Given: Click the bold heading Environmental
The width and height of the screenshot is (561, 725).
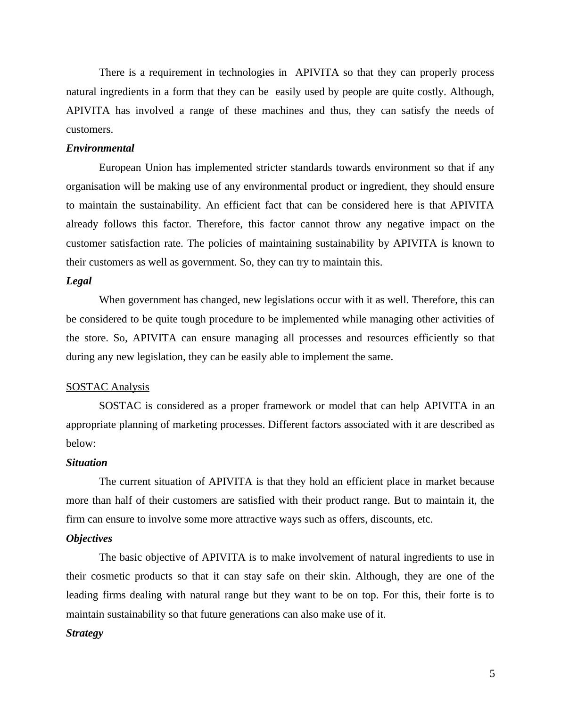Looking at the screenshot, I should pos(100,148).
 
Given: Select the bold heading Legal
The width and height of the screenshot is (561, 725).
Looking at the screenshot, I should pos(79,281).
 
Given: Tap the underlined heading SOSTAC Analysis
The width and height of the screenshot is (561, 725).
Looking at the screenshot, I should pos(107,387).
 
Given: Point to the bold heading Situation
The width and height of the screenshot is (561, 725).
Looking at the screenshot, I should pos(87,463).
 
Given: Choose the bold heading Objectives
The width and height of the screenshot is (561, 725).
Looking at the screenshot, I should pos(89,539).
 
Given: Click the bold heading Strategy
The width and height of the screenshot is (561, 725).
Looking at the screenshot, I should pos(85,633).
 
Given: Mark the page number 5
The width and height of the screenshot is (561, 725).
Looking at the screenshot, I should pos(492,674).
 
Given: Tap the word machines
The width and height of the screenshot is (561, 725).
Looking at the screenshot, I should pos(282,111).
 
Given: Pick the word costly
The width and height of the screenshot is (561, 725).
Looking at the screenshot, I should pos(431,92).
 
